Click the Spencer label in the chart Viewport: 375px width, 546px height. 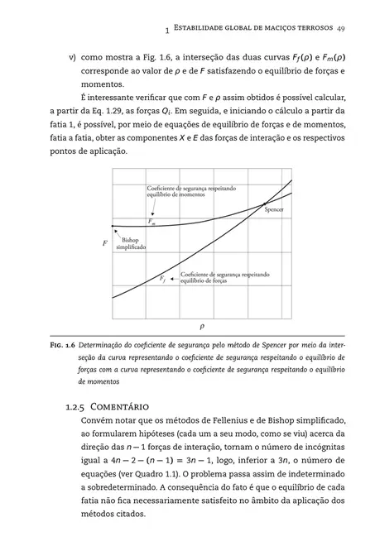(274, 209)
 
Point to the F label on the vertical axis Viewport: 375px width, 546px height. (103, 245)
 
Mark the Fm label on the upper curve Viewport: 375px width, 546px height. (151, 222)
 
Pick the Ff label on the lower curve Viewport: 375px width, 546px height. (163, 279)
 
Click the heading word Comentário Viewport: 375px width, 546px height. (123, 406)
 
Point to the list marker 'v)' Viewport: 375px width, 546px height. (73, 60)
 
